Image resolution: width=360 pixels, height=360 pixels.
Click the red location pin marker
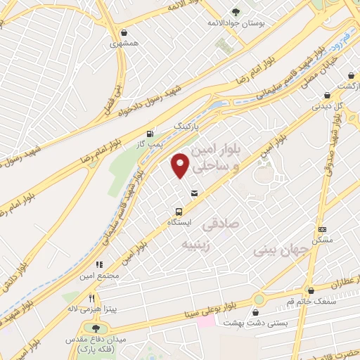[x=181, y=165]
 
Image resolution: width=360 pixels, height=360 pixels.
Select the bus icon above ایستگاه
[x=179, y=211]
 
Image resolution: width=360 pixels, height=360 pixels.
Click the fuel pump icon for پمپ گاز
[x=149, y=134]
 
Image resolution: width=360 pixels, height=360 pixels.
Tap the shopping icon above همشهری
[x=124, y=32]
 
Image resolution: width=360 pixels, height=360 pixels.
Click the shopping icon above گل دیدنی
[x=326, y=96]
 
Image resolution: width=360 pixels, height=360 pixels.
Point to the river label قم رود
[x=342, y=37]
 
